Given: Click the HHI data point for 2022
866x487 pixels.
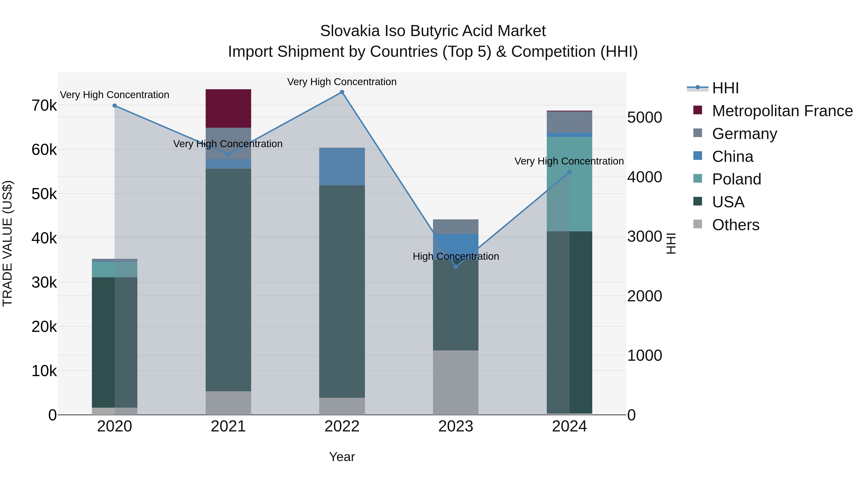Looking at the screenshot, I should [x=342, y=92].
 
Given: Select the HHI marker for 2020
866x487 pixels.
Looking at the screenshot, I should [x=115, y=106].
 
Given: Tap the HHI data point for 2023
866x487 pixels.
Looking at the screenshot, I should [x=456, y=266].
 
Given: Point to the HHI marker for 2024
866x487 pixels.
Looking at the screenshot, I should [x=569, y=172].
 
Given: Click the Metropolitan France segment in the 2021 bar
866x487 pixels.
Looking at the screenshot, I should [x=228, y=108].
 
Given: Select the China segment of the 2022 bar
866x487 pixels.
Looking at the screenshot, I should [x=342, y=166].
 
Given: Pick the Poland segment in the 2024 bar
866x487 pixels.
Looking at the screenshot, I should [x=569, y=184].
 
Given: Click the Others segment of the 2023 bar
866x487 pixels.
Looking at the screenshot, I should [x=456, y=382].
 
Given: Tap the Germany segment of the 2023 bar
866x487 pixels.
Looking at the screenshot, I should [x=456, y=227].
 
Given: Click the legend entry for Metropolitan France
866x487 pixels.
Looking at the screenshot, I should [x=782, y=111].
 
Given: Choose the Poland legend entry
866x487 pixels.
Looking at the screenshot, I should [x=736, y=179].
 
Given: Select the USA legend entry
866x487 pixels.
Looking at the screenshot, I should [x=728, y=202].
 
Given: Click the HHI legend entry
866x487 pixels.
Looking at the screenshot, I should [x=725, y=88].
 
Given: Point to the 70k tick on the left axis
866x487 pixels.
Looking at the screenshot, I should [x=44, y=106].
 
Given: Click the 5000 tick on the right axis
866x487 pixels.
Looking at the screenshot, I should [x=644, y=118].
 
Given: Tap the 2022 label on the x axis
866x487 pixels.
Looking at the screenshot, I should [x=342, y=426].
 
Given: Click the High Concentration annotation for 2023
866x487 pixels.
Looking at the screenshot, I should [x=456, y=256].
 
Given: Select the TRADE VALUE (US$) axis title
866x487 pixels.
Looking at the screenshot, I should [x=7, y=243].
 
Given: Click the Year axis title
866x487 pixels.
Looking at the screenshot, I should [x=342, y=457].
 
